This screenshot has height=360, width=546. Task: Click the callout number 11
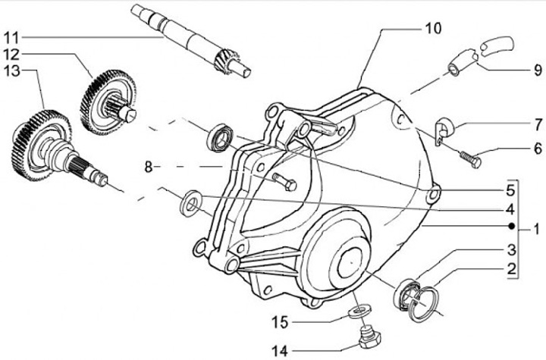point(14,36)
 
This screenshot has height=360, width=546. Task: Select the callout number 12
point(14,54)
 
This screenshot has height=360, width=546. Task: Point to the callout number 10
point(431,29)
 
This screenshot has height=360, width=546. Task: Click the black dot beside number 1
point(513,227)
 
